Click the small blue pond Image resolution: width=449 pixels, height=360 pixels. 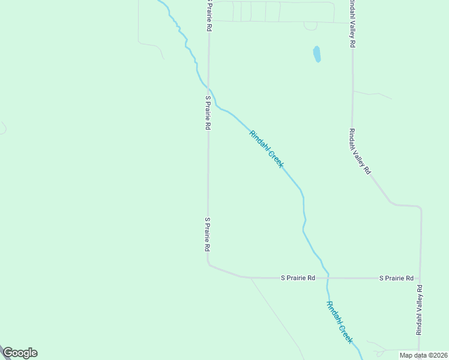click(x=316, y=55)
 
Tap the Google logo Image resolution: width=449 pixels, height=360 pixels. click(x=20, y=353)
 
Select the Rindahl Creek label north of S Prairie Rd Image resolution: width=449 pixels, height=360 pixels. click(x=266, y=149)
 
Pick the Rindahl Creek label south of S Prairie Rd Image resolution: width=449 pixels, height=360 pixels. click(x=340, y=322)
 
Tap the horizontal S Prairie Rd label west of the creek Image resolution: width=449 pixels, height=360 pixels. click(x=298, y=278)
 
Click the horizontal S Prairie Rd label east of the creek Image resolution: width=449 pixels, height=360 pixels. click(x=396, y=278)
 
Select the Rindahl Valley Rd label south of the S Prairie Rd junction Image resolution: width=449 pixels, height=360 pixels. click(x=419, y=310)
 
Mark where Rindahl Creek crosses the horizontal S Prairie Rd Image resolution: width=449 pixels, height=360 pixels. click(x=328, y=278)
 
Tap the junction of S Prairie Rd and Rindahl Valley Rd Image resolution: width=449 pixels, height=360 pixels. click(x=420, y=278)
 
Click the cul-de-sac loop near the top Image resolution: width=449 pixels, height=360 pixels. click(x=310, y=26)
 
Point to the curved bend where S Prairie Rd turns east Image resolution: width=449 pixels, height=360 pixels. click(x=211, y=265)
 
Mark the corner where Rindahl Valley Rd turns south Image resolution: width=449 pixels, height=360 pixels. click(x=418, y=208)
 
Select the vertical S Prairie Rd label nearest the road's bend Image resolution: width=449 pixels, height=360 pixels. click(x=207, y=234)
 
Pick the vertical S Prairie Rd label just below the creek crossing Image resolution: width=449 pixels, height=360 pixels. click(x=208, y=112)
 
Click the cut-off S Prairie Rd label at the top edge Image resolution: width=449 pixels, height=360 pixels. click(x=208, y=16)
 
